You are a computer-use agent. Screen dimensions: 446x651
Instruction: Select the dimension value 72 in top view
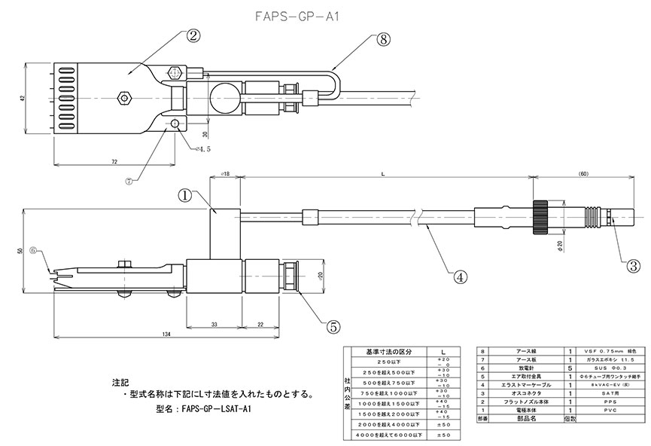114,161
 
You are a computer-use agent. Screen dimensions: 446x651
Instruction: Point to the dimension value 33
214,324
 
